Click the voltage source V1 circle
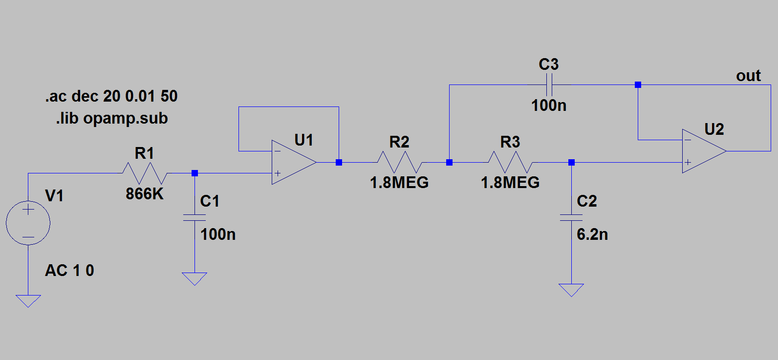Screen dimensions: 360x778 [28, 223]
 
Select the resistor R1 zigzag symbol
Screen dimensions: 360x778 [145, 173]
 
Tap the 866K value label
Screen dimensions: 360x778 [145, 194]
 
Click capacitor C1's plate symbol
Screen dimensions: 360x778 [194, 217]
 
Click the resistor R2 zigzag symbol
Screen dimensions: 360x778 [399, 162]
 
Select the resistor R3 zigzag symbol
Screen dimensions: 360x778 [510, 162]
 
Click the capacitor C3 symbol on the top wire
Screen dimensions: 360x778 [549, 85]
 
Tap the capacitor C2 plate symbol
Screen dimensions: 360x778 [571, 217]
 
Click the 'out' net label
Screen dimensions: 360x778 [748, 76]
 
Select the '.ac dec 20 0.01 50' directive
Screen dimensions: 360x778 [111, 96]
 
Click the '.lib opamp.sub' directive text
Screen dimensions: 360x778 [112, 118]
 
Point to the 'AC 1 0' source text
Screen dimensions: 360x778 [69, 270]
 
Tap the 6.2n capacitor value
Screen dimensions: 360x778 [592, 234]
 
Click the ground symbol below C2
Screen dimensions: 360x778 [571, 290]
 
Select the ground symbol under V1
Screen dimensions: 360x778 [28, 301]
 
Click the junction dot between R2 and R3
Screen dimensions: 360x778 [449, 162]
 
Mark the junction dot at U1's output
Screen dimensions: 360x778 [339, 162]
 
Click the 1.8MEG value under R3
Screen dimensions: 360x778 [510, 183]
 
